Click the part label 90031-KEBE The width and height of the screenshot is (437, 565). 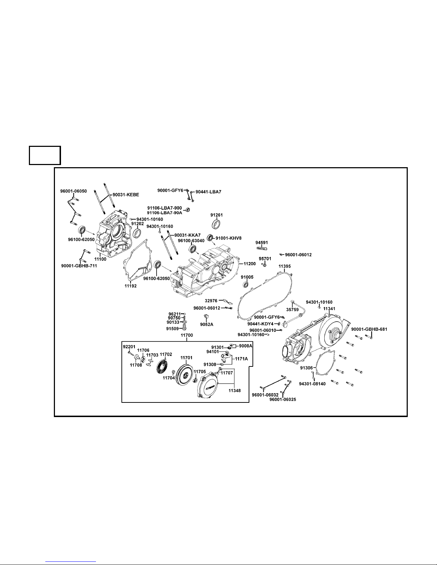coord(126,195)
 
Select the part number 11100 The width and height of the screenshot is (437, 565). coord(100,259)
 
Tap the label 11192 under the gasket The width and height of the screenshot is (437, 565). coord(131,286)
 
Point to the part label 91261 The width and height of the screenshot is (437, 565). coord(217,215)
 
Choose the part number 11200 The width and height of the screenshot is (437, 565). coord(250,264)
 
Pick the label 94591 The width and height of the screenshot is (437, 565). coord(262,242)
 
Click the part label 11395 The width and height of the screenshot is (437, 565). coord(284,266)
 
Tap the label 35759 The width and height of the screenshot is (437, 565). coord(293,310)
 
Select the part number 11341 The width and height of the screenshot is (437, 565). coord(329,309)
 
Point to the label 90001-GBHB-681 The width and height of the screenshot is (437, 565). coord(369,329)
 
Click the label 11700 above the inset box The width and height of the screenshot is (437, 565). coord(187,335)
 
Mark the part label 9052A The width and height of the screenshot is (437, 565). coord(207,324)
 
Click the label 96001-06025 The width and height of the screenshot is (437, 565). coord(283,399)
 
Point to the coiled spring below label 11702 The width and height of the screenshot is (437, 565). coord(164,367)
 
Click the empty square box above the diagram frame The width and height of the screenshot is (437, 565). coord(45,155)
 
